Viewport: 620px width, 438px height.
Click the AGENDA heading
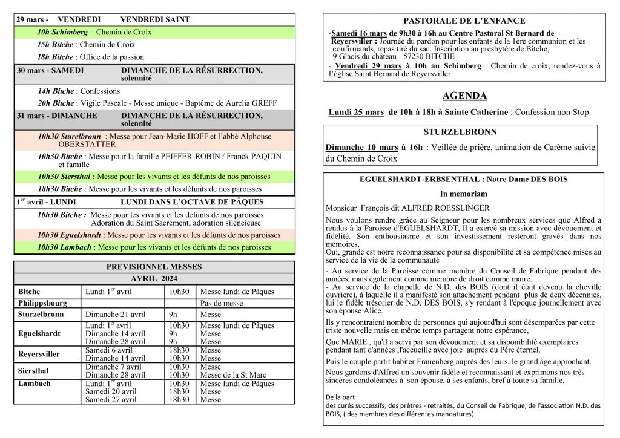pos(464,96)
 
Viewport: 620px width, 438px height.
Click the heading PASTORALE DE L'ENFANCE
pos(464,21)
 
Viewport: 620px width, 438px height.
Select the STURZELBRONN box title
pos(460,132)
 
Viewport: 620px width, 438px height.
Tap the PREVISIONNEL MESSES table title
pos(154,267)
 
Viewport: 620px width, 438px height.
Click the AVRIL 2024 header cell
pos(154,279)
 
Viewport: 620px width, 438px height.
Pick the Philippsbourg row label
pos(43,303)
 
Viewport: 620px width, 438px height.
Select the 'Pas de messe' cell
pos(222,303)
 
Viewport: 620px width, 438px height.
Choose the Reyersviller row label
pos(39,354)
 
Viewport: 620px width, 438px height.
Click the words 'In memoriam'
pos(463,194)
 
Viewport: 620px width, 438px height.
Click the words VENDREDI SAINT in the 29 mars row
pos(156,19)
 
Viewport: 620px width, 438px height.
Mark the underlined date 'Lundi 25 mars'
pos(356,112)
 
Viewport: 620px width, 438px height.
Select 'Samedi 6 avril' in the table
pos(109,350)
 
